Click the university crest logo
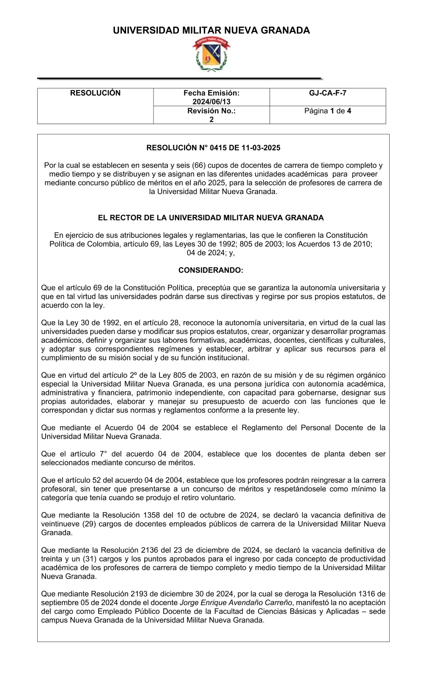point(211,54)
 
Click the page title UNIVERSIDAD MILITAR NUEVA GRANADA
point(211,30)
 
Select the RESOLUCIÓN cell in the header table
point(95,93)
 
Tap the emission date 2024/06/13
point(211,102)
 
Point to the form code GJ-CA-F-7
point(327,93)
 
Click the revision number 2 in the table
point(211,119)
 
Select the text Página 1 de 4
point(327,111)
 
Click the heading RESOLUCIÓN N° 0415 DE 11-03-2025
point(213,148)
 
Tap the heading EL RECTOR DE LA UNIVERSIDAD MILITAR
point(211,218)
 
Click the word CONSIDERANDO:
point(211,270)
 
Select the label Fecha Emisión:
point(211,93)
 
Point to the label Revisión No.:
point(211,111)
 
